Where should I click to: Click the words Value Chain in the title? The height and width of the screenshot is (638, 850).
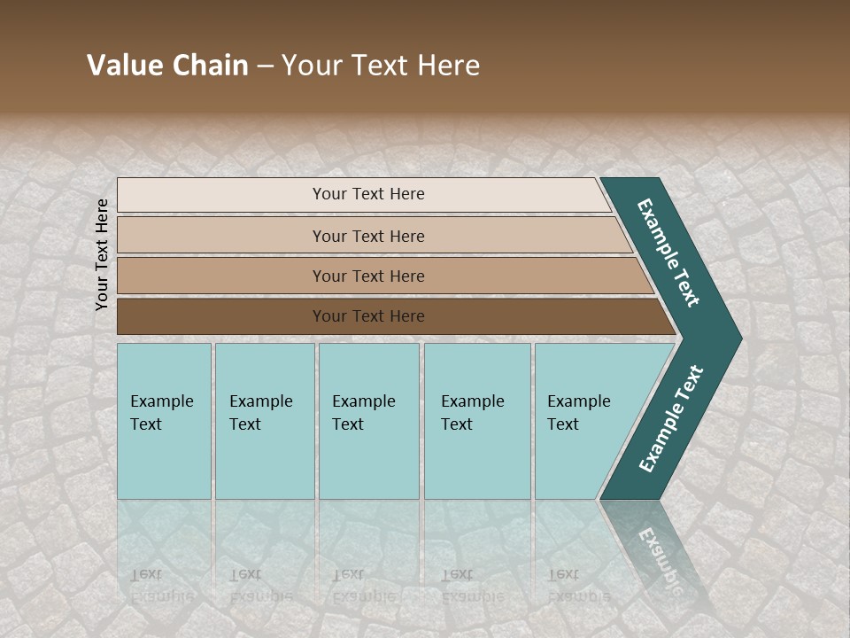point(167,66)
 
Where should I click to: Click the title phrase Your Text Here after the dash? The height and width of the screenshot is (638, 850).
point(381,66)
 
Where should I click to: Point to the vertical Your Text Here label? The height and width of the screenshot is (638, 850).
point(102,254)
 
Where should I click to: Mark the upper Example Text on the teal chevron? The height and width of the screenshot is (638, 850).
point(668,253)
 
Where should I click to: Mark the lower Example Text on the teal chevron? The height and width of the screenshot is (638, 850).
point(671,419)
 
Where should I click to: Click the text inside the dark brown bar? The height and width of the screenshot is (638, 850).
point(368,316)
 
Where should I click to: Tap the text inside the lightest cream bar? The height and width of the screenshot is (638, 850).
point(368,194)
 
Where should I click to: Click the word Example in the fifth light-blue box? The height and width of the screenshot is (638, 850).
point(578,401)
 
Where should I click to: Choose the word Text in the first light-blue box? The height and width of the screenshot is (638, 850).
point(146,424)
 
